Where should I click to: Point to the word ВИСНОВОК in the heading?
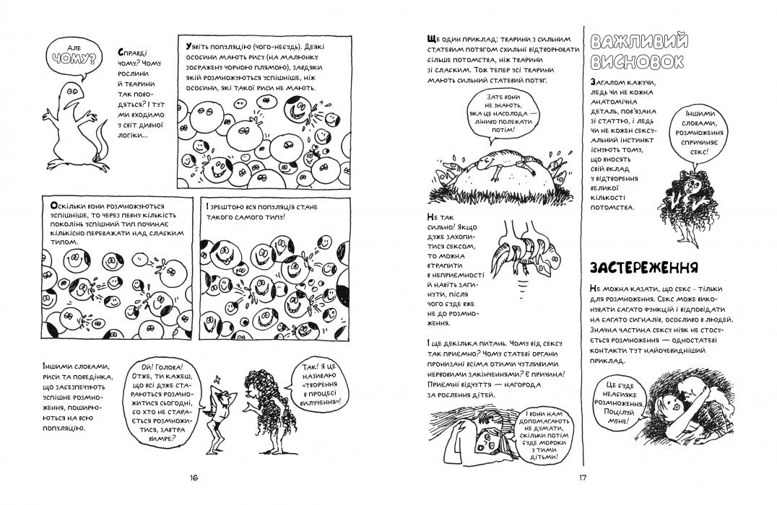coord(636,62)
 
